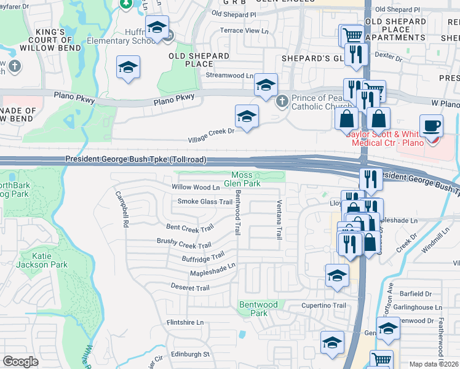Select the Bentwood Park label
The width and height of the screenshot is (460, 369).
pyautogui.click(x=258, y=308)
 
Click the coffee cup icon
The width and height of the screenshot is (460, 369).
pyautogui.click(x=431, y=125)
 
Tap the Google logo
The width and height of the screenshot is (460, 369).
pyautogui.click(x=20, y=362)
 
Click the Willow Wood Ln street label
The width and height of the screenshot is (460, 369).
pyautogui.click(x=196, y=187)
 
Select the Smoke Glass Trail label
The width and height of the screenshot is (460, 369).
pyautogui.click(x=205, y=202)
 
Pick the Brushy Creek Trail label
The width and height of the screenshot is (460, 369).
pyautogui.click(x=184, y=244)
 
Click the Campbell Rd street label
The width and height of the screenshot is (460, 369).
pyautogui.click(x=122, y=210)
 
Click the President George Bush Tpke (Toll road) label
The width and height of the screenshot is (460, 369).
pyautogui.click(x=135, y=160)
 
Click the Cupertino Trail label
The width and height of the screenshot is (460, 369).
pyautogui.click(x=323, y=305)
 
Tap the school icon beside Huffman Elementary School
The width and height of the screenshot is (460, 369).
pyautogui.click(x=157, y=28)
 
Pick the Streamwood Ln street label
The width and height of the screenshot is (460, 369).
pyautogui.click(x=229, y=76)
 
